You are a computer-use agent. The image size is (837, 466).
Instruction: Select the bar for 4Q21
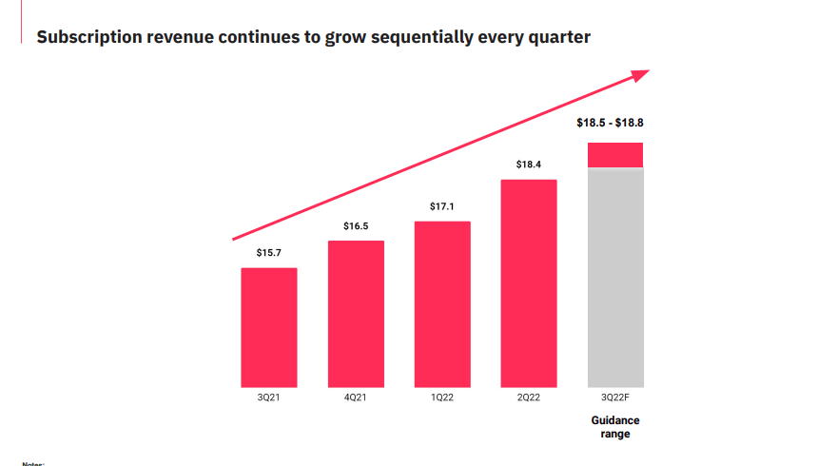coord(356,313)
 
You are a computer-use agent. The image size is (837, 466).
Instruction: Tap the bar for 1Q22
coord(442,303)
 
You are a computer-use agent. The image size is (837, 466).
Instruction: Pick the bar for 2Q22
coord(529,282)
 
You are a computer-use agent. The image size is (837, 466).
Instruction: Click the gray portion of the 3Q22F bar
coord(615,276)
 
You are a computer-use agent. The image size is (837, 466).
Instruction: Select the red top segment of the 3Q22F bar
coord(615,155)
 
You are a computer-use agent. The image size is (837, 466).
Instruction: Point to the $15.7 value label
coord(269,253)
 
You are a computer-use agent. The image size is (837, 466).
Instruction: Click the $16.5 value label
coord(356,226)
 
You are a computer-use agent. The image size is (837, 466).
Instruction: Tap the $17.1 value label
coord(442,206)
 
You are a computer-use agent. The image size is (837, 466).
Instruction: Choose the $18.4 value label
coord(529,165)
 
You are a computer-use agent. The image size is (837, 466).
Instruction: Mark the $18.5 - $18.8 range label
coord(615,123)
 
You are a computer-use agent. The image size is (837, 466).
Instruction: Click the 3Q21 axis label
coord(269,398)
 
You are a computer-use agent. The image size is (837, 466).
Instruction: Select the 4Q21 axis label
coord(356,398)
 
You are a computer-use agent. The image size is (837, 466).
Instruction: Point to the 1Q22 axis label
coord(442,398)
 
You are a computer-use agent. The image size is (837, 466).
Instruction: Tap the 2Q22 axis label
coord(529,398)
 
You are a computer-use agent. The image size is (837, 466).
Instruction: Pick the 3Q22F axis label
coord(615,398)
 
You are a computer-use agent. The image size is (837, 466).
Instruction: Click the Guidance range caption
coord(615,427)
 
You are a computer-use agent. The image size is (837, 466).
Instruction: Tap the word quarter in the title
coord(559,38)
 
